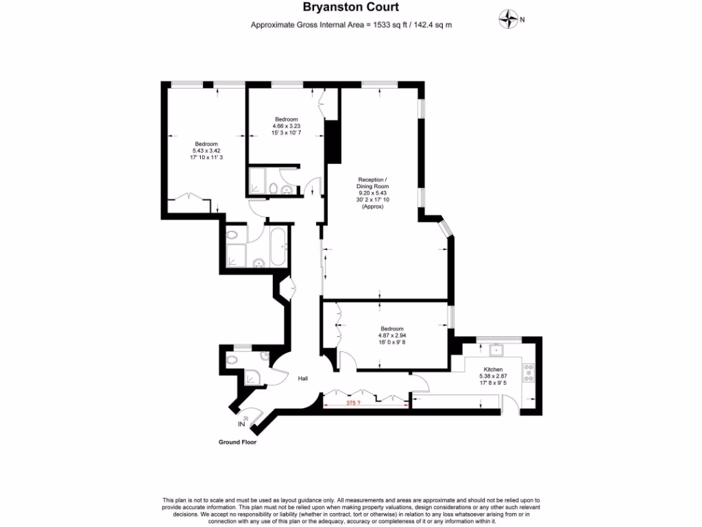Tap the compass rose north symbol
point(509,20)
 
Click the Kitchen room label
point(493,369)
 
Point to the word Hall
point(302,378)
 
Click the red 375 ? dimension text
point(354,403)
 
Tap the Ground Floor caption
point(237,443)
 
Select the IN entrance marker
point(241,425)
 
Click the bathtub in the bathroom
point(279,247)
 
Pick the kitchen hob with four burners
point(529,373)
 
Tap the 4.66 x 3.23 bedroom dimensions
point(285,126)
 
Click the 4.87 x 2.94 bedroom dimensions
point(392,335)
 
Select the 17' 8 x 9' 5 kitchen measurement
point(493,382)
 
